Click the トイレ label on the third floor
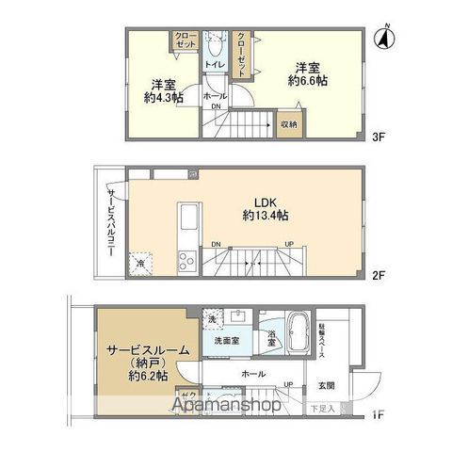click(214, 64)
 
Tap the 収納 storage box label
click(288, 123)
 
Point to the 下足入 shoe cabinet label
click(323, 408)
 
